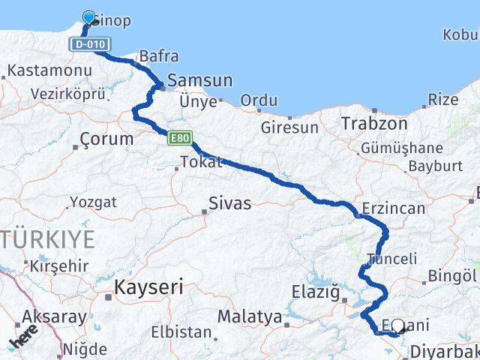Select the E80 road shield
[180, 138]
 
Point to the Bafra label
[158, 55]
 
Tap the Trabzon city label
[373, 123]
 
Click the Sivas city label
[229, 203]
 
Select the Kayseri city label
[148, 286]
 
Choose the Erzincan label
[393, 209]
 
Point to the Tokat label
[202, 162]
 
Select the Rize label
[443, 99]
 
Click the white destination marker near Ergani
[397, 326]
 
